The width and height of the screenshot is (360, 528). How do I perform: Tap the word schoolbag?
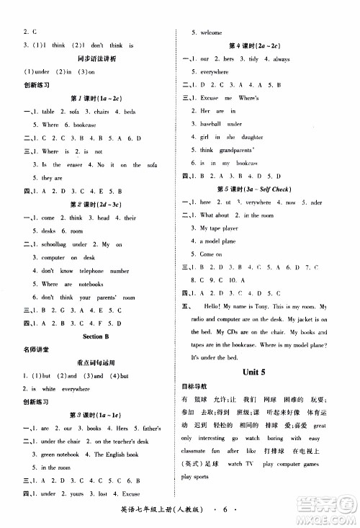pyautogui.click(x=56, y=243)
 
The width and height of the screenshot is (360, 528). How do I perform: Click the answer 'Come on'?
pyautogui.click(x=211, y=254)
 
